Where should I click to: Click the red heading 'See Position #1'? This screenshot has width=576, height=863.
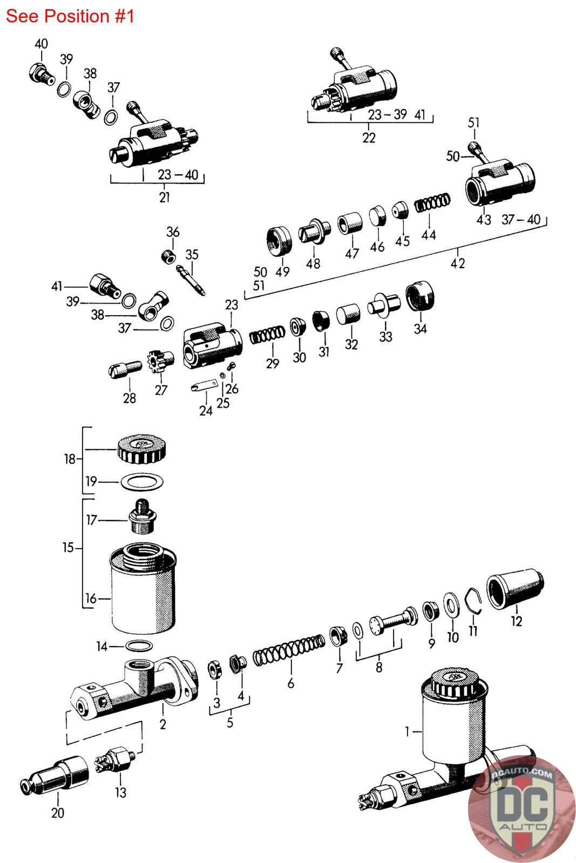(70, 16)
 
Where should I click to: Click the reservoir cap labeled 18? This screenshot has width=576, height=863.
(141, 449)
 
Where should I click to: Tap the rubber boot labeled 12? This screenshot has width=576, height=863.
(515, 592)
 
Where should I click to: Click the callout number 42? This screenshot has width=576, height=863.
(458, 263)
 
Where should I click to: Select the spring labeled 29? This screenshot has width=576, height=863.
(267, 337)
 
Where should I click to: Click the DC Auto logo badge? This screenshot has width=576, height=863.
(521, 809)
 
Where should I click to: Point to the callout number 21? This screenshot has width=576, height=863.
(164, 197)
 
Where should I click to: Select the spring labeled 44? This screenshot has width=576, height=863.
(432, 203)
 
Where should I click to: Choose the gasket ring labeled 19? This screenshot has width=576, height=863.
(141, 481)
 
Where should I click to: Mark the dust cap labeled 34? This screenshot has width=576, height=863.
(420, 297)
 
